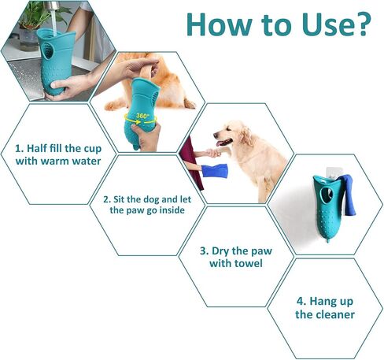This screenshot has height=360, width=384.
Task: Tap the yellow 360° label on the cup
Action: coord(142,116)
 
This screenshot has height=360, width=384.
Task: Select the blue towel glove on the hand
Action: coord(215,171)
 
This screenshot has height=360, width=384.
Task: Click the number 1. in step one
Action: coord(20,148)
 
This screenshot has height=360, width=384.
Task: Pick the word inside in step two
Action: coord(172,210)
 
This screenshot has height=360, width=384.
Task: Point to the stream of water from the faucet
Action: coord(54,20)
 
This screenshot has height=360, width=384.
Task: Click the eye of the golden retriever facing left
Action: coord(228,130)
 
